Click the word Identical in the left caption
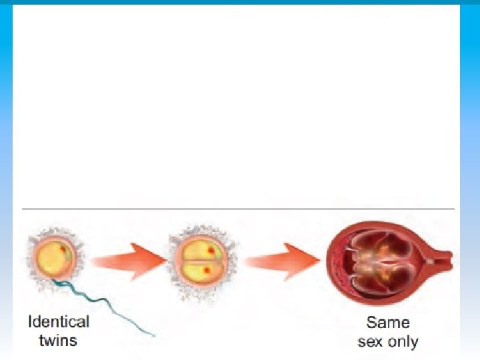pyautogui.click(x=58, y=322)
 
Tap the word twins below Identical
pyautogui.click(x=58, y=340)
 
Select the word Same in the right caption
pyautogui.click(x=388, y=323)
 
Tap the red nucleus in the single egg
pyautogui.click(x=64, y=249)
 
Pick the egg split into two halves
pyautogui.click(x=199, y=259)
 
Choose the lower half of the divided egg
pyautogui.click(x=199, y=269)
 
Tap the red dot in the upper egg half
pyautogui.click(x=211, y=250)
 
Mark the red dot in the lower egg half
pyautogui.click(x=208, y=270)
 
